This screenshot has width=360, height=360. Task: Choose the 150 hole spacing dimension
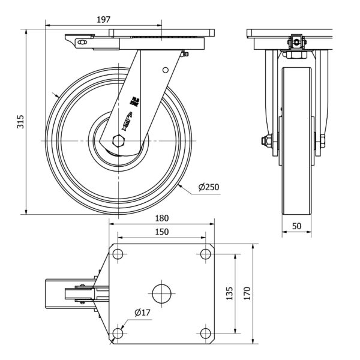pyautogui.click(x=161, y=231)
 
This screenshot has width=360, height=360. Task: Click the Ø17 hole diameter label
pyautogui.click(x=142, y=312)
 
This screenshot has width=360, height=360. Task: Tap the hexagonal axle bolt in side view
pyautogui.click(x=118, y=142)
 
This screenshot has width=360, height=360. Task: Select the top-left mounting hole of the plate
pyautogui.click(x=118, y=254)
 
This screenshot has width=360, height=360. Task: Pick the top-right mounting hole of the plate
pyautogui.click(x=206, y=254)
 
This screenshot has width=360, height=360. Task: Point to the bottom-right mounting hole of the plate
pyautogui.click(x=206, y=333)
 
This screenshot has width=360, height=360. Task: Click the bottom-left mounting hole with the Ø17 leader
pyautogui.click(x=118, y=333)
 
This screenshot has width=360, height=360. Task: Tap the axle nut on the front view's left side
pyautogui.click(x=263, y=142)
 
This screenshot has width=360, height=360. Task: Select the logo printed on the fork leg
pyautogui.click(x=131, y=114)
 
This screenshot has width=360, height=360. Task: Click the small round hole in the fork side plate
pyautogui.click(x=163, y=70)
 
